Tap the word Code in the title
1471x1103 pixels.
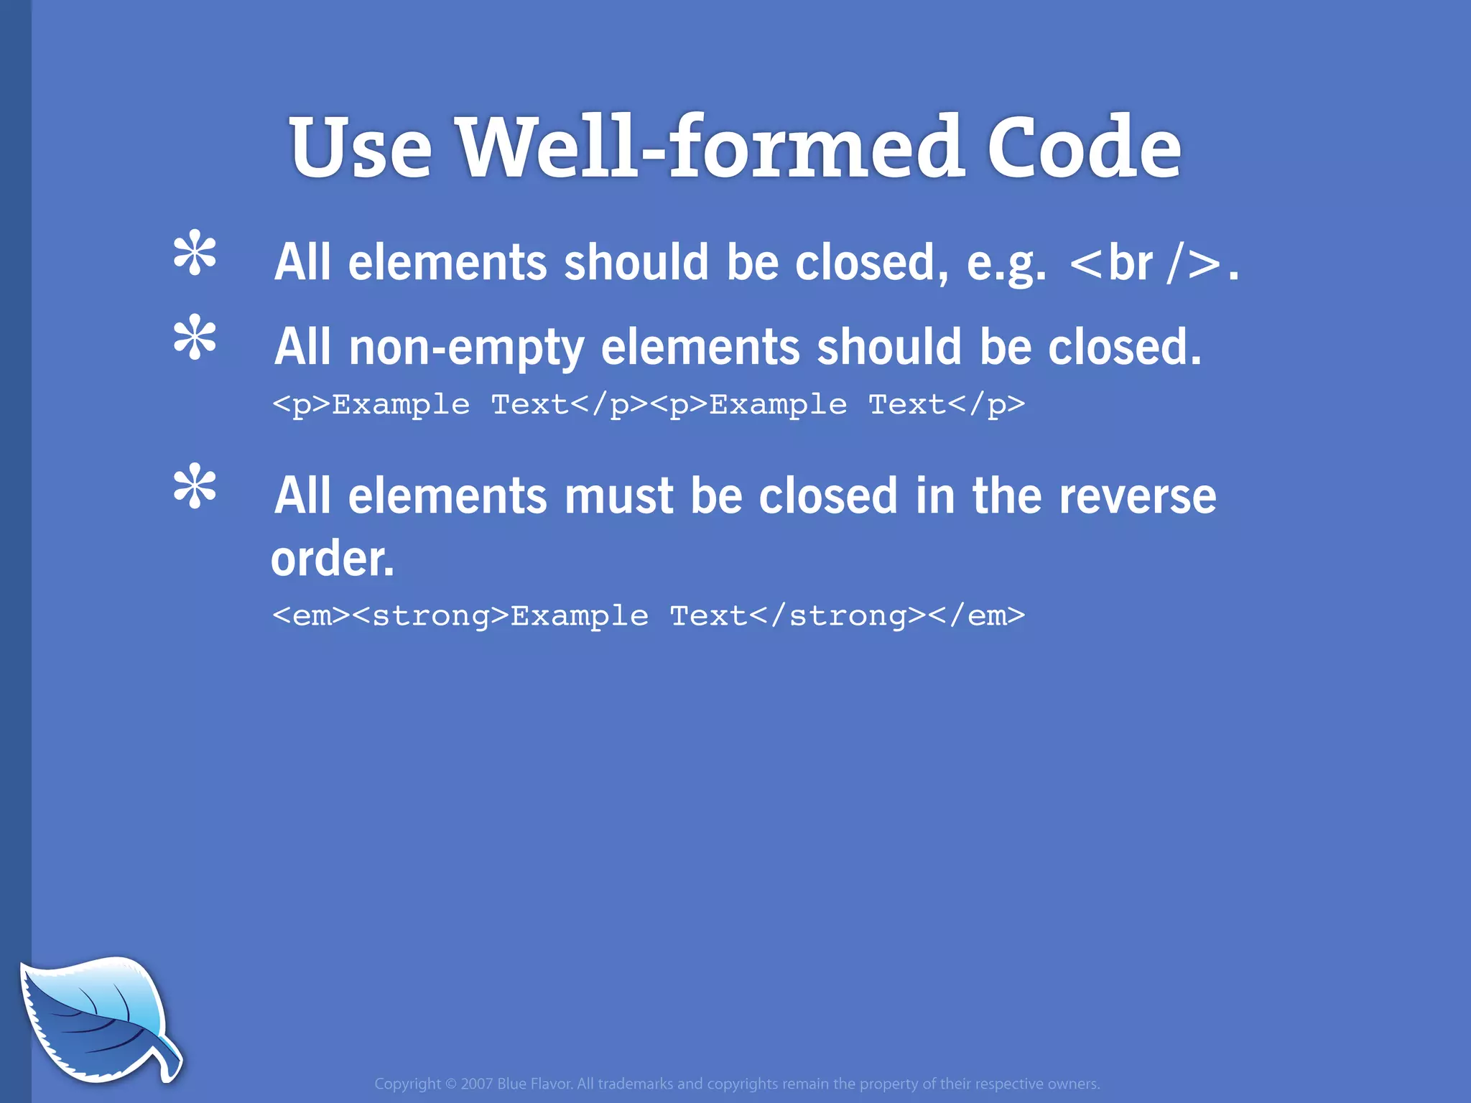(x=1083, y=148)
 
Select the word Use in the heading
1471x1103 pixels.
(x=361, y=148)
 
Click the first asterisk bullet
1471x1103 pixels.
(x=195, y=253)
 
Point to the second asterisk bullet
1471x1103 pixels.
(x=195, y=338)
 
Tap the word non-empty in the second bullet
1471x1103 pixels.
(x=466, y=348)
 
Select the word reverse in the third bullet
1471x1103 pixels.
(x=1138, y=496)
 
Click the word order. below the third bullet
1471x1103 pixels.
(x=333, y=559)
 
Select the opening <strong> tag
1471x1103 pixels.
(x=431, y=615)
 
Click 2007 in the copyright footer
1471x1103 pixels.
(x=476, y=1084)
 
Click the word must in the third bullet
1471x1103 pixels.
(x=618, y=496)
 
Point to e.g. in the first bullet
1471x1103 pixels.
(x=1006, y=263)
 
